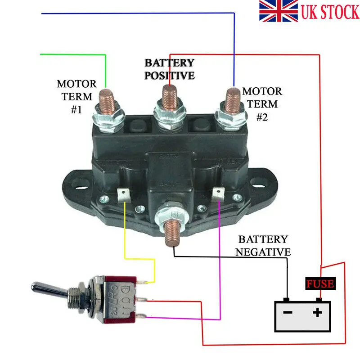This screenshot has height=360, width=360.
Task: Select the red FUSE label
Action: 320,284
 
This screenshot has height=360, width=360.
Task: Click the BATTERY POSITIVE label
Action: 170,69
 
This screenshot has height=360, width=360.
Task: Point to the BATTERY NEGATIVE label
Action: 264,245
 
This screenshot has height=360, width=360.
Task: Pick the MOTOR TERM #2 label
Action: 262,103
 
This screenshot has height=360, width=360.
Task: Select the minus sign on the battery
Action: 288,312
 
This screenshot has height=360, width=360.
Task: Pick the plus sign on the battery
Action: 318,312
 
